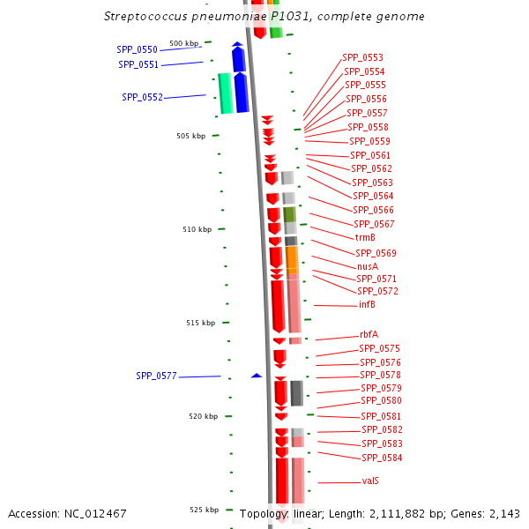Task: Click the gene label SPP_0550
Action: (137, 49)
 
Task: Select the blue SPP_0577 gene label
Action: (156, 376)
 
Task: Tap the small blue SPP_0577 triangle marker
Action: (257, 376)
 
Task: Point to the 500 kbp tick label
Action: (184, 43)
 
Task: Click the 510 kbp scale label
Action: (197, 229)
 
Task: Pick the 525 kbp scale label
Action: (203, 510)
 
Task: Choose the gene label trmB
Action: (365, 238)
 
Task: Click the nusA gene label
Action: (368, 266)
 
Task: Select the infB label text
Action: (367, 305)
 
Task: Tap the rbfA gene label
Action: (369, 335)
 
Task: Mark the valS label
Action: (370, 481)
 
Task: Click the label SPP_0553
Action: (362, 57)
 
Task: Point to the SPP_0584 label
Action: (382, 458)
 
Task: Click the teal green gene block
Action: (226, 93)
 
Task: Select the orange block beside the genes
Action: (292, 259)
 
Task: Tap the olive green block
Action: (289, 214)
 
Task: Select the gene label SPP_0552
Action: (142, 98)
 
